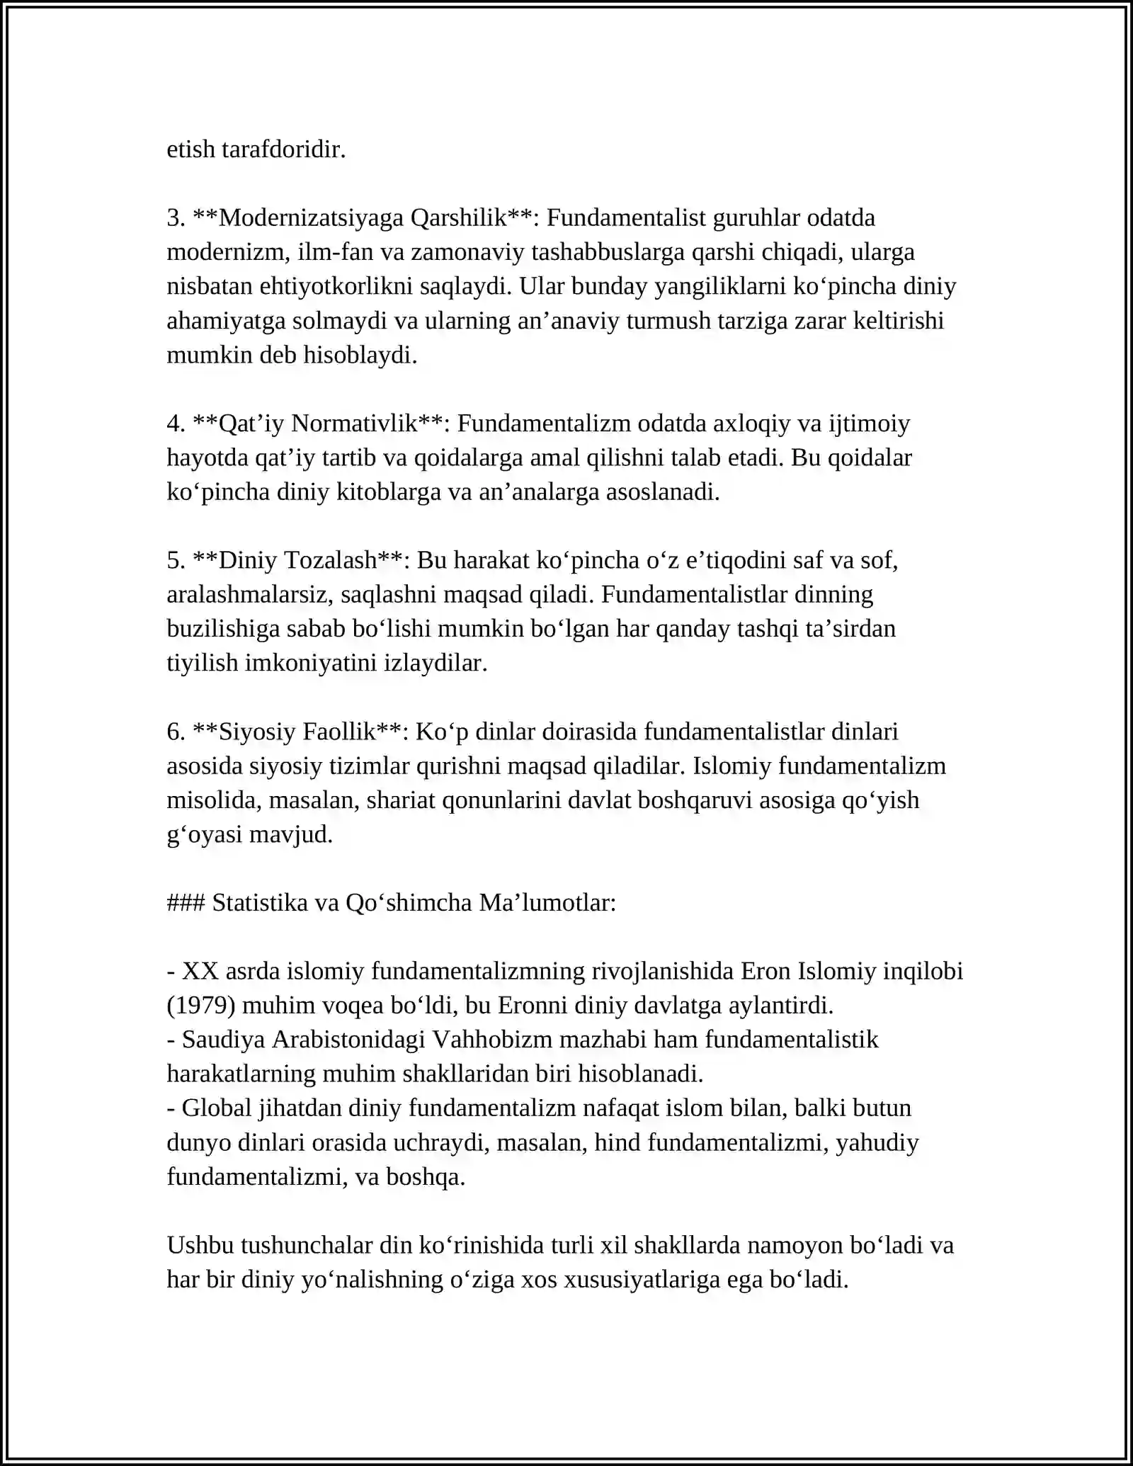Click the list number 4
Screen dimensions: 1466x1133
(174, 424)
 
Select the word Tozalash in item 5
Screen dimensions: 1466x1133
(330, 560)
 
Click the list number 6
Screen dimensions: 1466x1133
(174, 732)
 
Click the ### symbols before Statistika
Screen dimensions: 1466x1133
(186, 903)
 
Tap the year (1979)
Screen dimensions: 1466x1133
(195, 1006)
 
